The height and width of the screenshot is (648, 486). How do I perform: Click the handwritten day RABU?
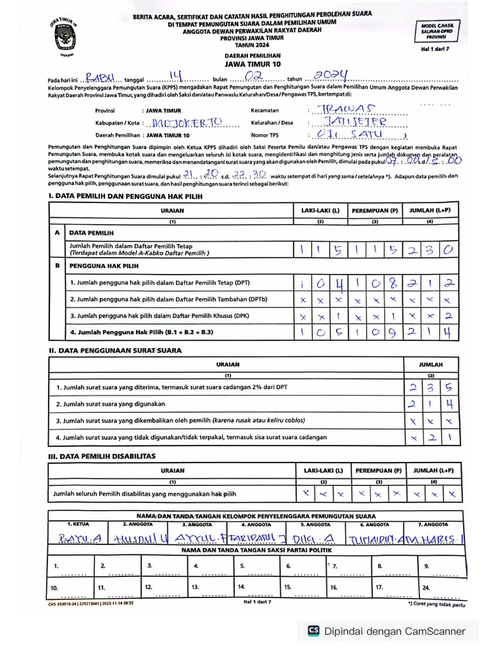(101, 78)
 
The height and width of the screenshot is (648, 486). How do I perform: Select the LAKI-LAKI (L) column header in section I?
(320, 210)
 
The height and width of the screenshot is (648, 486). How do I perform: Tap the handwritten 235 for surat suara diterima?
(430, 387)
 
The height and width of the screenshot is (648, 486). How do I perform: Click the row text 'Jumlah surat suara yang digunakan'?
(111, 404)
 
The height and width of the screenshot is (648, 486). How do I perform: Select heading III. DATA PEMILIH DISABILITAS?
(102, 456)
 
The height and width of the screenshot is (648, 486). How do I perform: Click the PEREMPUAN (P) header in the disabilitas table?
(378, 471)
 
